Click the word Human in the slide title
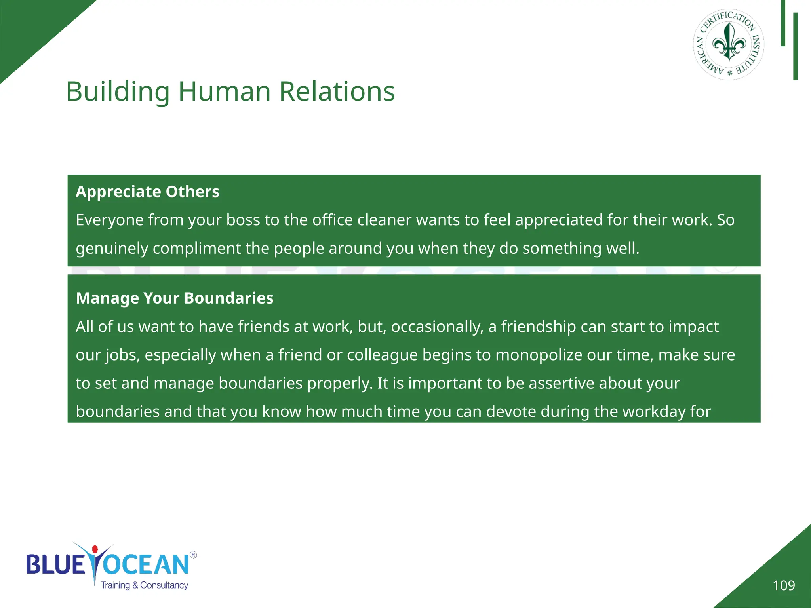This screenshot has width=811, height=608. [225, 91]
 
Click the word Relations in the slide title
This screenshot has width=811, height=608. [337, 91]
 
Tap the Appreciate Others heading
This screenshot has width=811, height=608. [147, 192]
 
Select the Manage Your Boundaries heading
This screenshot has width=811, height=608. [174, 298]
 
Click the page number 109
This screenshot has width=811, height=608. [784, 585]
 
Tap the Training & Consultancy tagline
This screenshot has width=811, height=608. [144, 585]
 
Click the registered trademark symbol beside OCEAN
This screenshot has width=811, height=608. [193, 555]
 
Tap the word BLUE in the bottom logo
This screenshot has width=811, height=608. [55, 565]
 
